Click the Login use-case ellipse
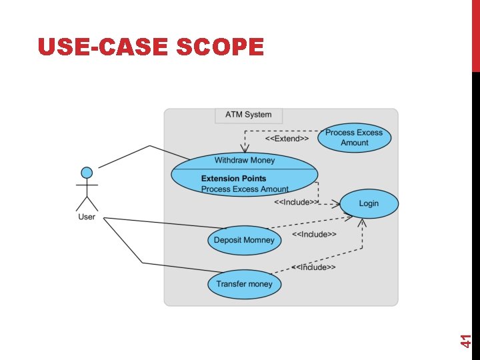point(369,203)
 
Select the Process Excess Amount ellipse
point(354,137)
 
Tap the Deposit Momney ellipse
point(244,240)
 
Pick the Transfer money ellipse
point(245,284)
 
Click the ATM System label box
point(248,115)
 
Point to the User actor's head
point(87,173)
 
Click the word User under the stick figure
point(87,217)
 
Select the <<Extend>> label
point(287,139)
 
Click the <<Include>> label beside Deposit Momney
point(314,234)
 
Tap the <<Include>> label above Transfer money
point(313,267)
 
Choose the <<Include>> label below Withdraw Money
point(297,202)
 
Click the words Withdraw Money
point(244,160)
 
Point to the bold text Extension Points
point(233,179)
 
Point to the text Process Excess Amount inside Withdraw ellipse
point(245,189)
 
